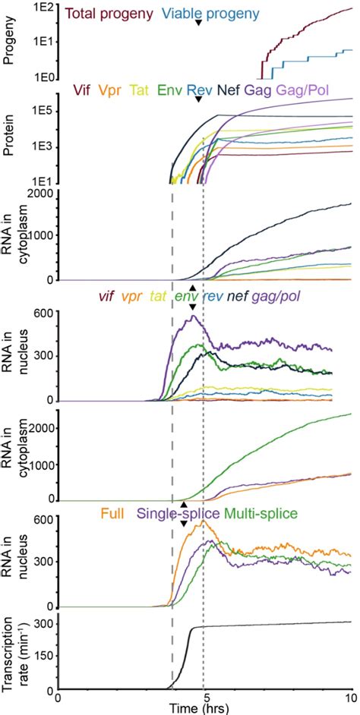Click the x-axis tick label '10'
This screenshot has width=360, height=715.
tap(350, 697)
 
